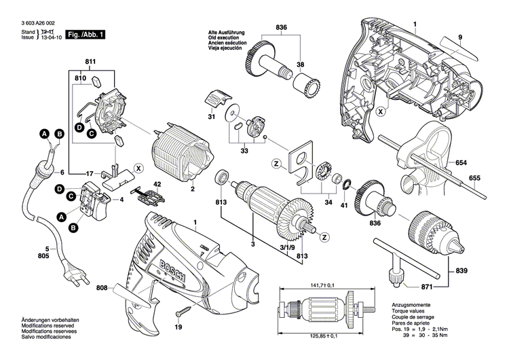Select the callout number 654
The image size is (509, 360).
point(461,164)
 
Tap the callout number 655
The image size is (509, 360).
point(474,179)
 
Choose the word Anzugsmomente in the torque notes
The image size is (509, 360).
point(409,308)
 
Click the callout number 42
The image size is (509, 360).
point(157,184)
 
